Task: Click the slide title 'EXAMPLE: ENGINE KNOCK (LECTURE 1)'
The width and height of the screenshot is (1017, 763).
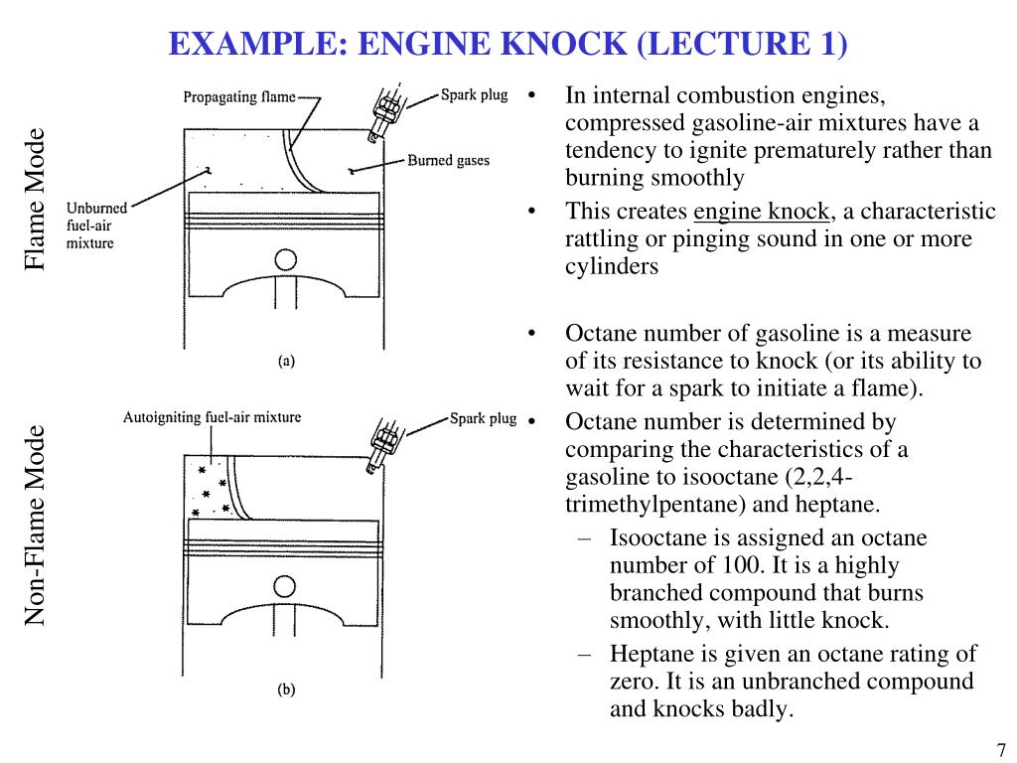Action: (x=508, y=44)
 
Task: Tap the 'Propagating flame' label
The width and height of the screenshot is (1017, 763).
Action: (x=239, y=97)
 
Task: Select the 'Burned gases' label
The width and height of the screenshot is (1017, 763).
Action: (x=448, y=160)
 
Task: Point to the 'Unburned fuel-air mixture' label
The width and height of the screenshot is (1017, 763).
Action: (x=96, y=226)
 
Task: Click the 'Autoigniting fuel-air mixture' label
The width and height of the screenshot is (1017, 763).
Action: (x=212, y=417)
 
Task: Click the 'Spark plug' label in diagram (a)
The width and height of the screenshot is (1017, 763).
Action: (x=474, y=96)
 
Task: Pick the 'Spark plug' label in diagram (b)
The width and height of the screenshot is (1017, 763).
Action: (x=483, y=418)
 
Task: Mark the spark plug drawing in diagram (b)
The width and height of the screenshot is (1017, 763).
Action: (x=383, y=439)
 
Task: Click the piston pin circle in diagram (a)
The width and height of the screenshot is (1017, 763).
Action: (x=286, y=260)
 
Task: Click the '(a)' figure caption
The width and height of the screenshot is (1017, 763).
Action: (x=286, y=363)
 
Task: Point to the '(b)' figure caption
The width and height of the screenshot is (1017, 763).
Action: (x=286, y=689)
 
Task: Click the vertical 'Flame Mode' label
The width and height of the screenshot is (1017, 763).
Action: (x=36, y=199)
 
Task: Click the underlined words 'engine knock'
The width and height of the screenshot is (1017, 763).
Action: (x=762, y=212)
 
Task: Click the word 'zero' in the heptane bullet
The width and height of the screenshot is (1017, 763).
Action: (x=632, y=683)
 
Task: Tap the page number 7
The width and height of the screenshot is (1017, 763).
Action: (x=1001, y=750)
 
